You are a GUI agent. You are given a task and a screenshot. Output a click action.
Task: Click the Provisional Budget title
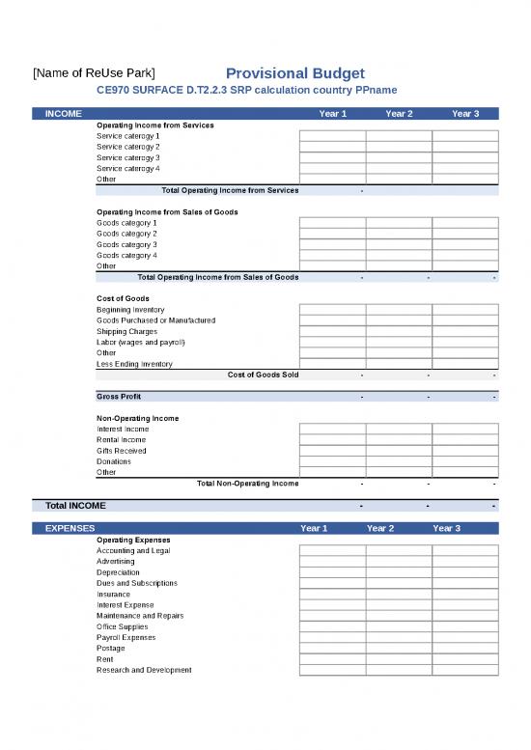(294, 73)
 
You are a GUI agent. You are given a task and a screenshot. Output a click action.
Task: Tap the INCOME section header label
(64, 114)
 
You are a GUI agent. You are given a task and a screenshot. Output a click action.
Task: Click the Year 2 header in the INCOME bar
(399, 114)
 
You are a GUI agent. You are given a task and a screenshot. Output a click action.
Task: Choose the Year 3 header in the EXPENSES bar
(446, 528)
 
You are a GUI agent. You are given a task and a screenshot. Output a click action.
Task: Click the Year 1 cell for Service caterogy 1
(332, 136)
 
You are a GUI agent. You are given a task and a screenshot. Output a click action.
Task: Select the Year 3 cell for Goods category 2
(465, 234)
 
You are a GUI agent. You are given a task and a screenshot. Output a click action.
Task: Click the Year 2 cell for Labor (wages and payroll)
(399, 342)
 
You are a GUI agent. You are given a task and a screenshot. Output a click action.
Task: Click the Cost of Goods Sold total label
(263, 375)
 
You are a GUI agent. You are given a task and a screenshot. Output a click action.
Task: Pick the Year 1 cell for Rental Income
(332, 440)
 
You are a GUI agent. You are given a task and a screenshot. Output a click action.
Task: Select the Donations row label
(114, 461)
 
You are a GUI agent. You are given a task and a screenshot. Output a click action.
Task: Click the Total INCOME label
(75, 506)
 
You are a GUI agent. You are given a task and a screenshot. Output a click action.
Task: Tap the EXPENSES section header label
(70, 528)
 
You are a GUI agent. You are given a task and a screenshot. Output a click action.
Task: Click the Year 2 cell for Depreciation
(399, 572)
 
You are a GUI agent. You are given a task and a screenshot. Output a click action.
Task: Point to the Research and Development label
(144, 670)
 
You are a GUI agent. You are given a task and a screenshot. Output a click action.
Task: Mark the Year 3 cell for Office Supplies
(465, 626)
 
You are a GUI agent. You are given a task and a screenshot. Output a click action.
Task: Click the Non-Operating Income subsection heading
(137, 418)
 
